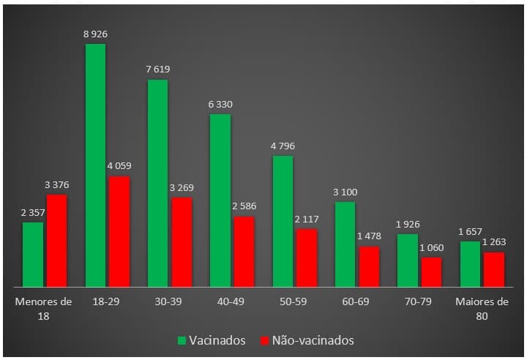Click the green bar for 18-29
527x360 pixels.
(x=95, y=165)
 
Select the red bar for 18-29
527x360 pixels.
(x=119, y=231)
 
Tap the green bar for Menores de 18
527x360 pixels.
(x=33, y=254)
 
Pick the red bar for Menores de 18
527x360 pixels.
(x=56, y=240)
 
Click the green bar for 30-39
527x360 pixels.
(x=157, y=183)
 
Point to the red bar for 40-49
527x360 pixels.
(x=244, y=251)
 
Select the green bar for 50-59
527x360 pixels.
(x=283, y=221)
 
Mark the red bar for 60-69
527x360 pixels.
(x=370, y=266)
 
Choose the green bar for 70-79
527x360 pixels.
(x=408, y=260)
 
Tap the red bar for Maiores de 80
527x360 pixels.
(x=494, y=269)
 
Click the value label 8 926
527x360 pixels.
(x=95, y=34)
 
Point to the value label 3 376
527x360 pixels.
(x=56, y=184)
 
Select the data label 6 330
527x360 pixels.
(x=220, y=105)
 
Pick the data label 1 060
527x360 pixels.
(x=432, y=247)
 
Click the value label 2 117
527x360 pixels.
(x=307, y=219)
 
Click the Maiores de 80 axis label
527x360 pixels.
(x=482, y=308)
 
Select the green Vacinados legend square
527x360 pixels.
(x=182, y=340)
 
